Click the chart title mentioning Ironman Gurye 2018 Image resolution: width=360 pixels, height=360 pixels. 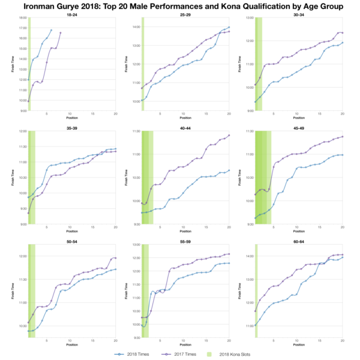point(180,7)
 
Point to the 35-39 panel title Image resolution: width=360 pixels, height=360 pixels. point(71,128)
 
